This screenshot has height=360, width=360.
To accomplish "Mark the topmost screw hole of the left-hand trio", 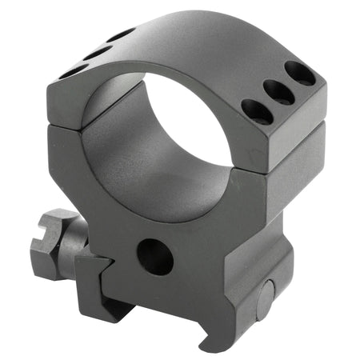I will tap(122, 35).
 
